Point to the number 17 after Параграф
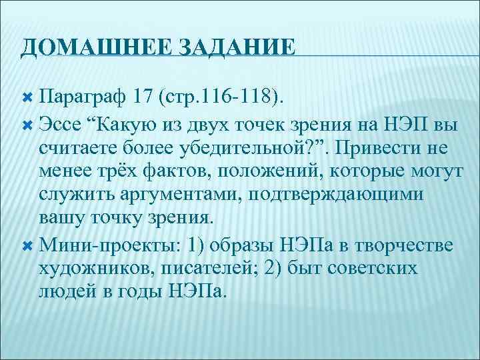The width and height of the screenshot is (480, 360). (145, 99)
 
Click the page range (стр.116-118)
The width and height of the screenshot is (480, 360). (221, 99)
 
